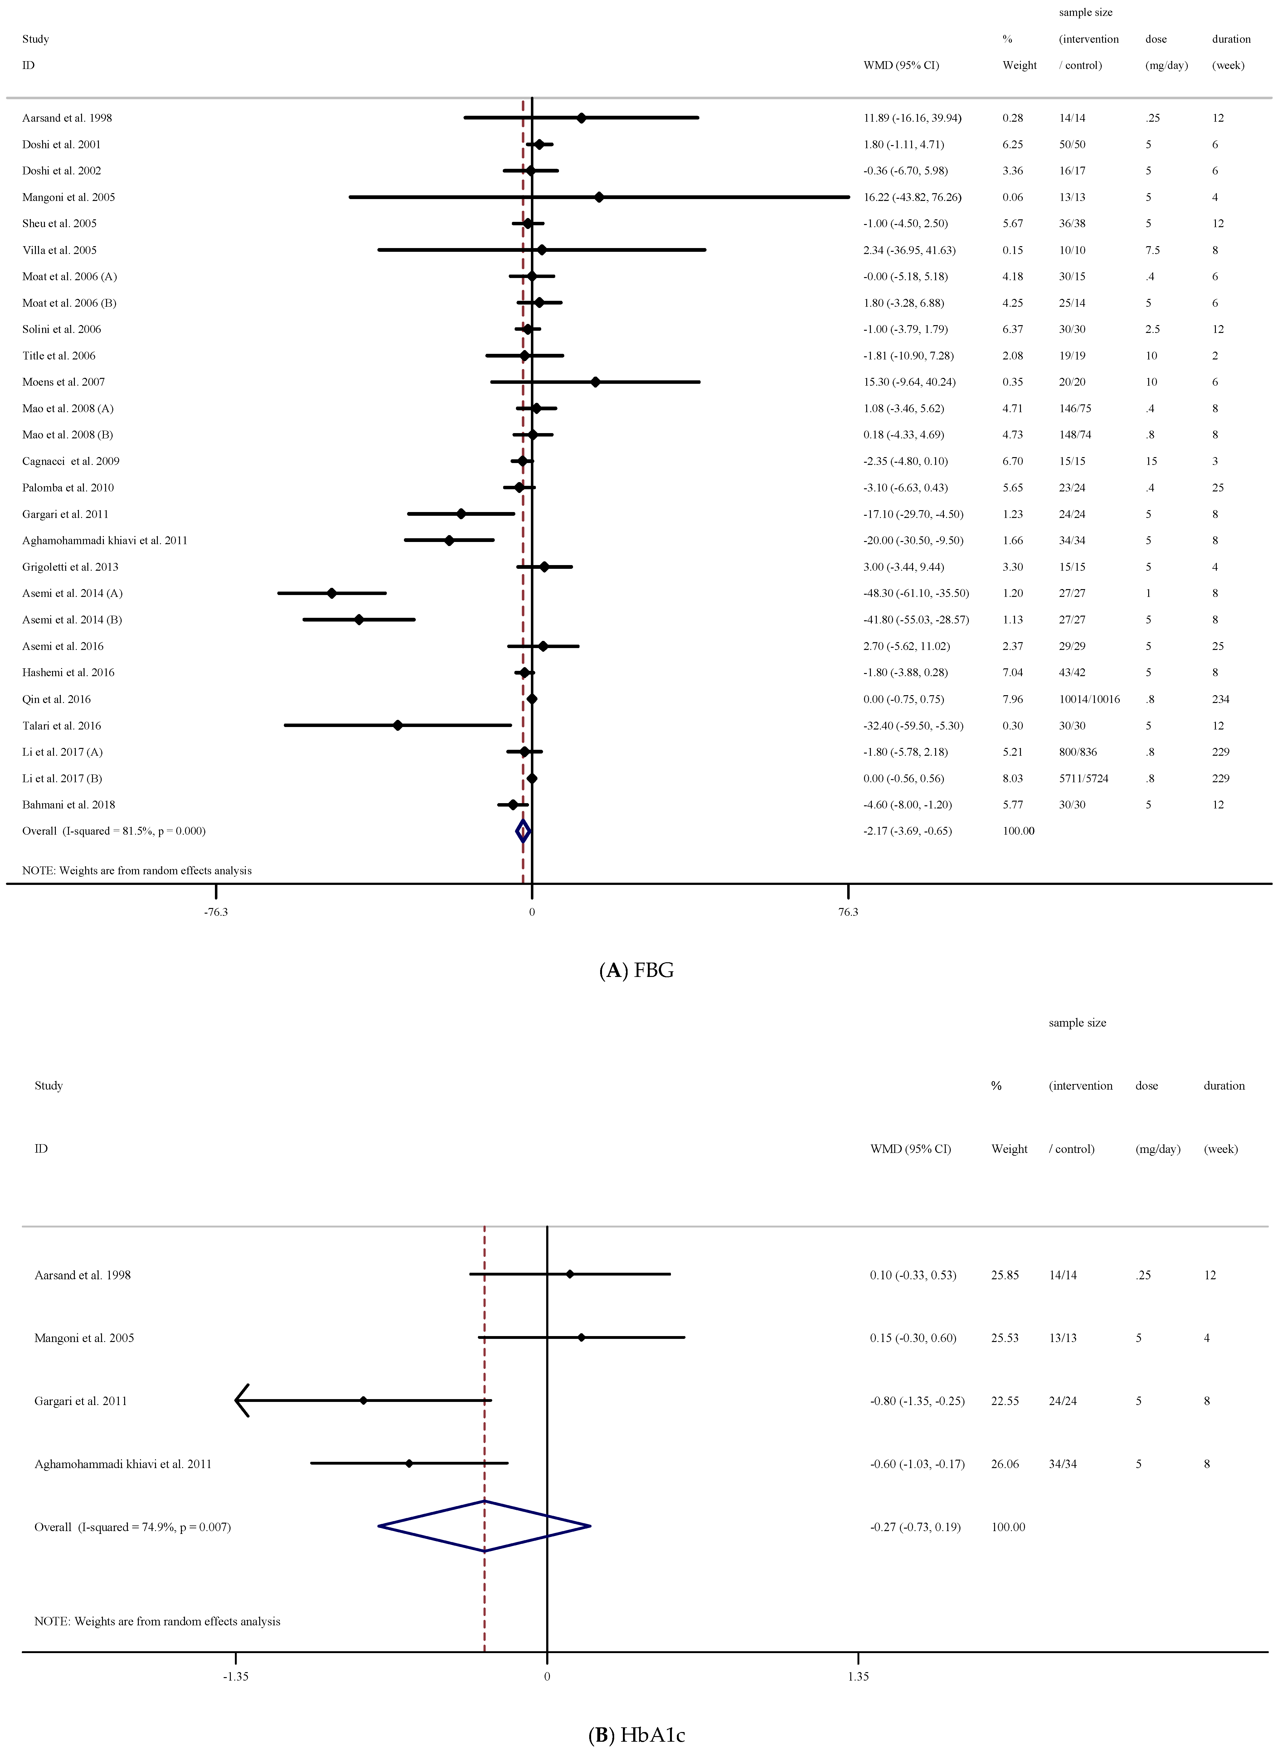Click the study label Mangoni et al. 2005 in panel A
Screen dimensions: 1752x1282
(x=68, y=197)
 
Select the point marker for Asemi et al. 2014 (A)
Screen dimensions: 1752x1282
(x=332, y=593)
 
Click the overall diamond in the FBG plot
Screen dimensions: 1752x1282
(x=523, y=831)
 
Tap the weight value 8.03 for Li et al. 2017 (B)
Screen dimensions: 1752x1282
(x=1013, y=778)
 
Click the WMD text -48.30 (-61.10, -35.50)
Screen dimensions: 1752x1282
(x=916, y=593)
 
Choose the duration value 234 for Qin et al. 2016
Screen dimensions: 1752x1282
(x=1221, y=700)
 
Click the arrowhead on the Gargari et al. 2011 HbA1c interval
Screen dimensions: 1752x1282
(x=240, y=1400)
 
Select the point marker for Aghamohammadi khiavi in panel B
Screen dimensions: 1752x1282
(x=409, y=1463)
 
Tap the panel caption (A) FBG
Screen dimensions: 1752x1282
(x=636, y=970)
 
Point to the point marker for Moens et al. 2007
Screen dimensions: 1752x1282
(x=595, y=382)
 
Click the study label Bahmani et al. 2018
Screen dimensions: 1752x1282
(x=68, y=805)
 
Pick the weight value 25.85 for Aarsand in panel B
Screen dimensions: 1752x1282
(x=1005, y=1275)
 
